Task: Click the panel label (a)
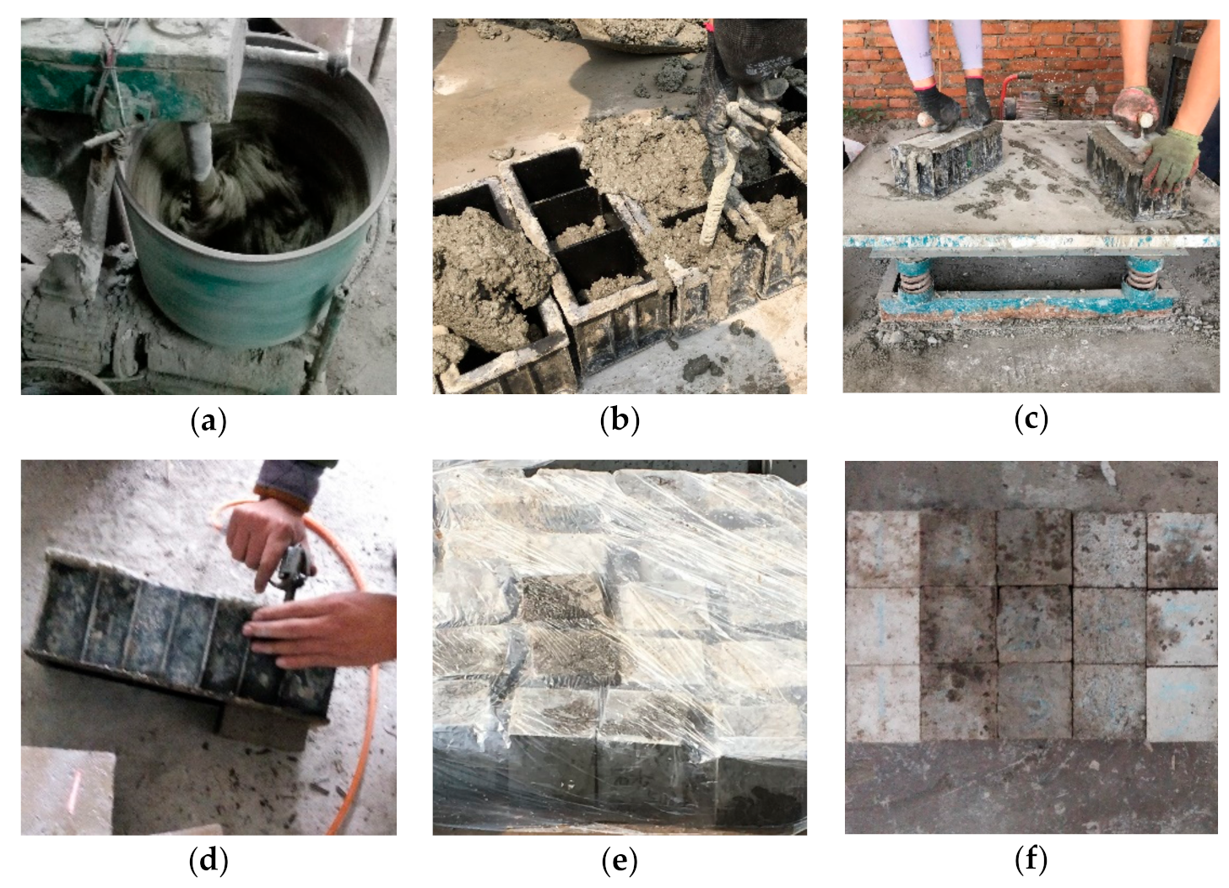point(208,421)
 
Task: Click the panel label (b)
point(620,421)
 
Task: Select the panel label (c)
point(1031,420)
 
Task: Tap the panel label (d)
point(208,862)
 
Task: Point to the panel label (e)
point(620,862)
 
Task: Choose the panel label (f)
point(1031,860)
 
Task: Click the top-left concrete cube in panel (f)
point(884,550)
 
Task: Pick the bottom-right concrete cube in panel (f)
point(1180,704)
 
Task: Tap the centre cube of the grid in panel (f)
point(1034,625)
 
